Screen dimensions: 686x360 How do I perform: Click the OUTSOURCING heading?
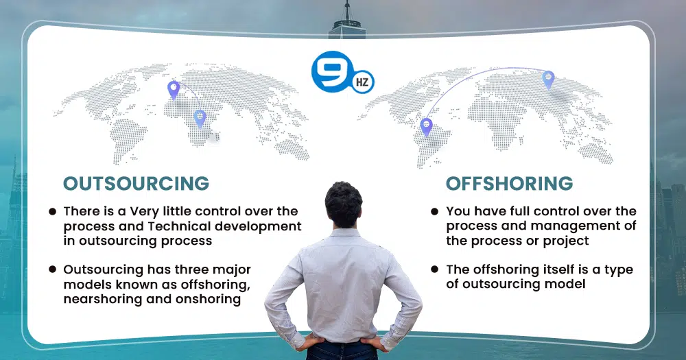pos(136,184)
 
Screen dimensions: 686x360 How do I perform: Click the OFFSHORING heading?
pos(509,184)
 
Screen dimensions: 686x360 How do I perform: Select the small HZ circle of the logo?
pos(362,82)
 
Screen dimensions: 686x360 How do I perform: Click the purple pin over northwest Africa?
pos(174,90)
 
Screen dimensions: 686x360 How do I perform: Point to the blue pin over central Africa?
pos(200,119)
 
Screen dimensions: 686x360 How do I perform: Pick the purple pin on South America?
pos(426,127)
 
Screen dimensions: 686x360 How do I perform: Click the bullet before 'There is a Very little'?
pos(53,212)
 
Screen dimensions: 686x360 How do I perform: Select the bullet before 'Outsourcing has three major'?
pos(53,269)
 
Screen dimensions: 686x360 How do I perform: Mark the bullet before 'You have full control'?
pos(434,212)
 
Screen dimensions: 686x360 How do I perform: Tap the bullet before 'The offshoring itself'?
pos(434,269)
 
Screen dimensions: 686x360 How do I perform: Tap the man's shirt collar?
pos(344,232)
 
